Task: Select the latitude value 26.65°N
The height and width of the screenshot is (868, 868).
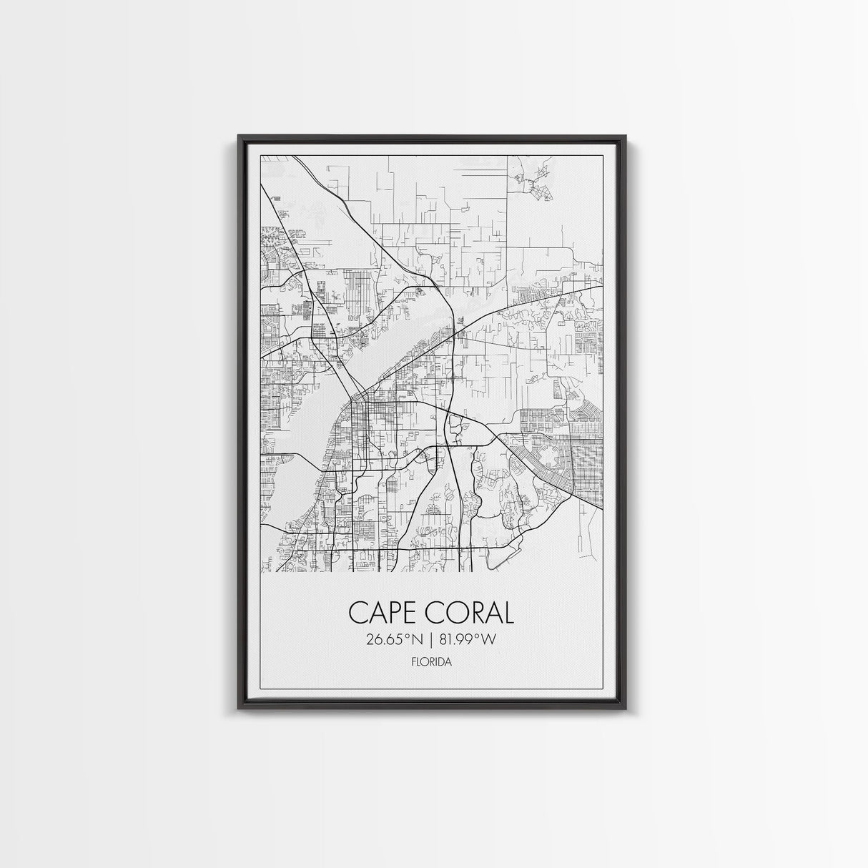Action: [395, 639]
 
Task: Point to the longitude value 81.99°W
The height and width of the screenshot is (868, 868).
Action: [466, 639]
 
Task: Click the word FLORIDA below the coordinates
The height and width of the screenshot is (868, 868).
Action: [431, 662]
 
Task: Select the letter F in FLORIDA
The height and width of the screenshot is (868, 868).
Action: [414, 662]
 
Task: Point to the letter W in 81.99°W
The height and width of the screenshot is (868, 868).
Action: [488, 639]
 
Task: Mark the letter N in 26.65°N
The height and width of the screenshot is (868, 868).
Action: [417, 639]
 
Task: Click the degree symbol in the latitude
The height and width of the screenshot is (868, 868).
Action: [408, 636]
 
